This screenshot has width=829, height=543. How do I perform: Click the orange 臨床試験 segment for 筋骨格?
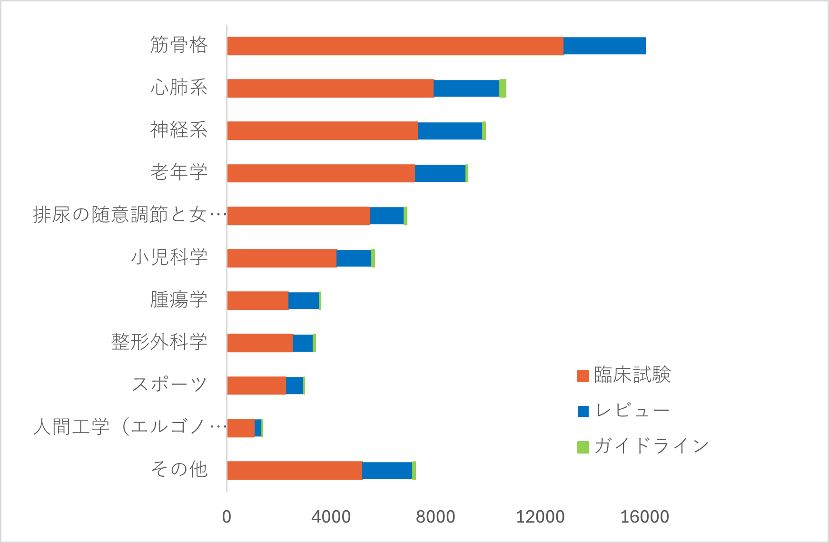[395, 46]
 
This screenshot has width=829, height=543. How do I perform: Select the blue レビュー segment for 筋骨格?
[604, 46]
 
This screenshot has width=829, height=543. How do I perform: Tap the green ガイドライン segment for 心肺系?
[503, 89]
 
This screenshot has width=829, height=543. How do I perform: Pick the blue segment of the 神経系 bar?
[450, 131]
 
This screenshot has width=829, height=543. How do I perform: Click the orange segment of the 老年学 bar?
[321, 173]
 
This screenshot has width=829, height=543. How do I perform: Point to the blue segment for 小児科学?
[354, 258]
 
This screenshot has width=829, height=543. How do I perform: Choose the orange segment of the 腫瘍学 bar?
[257, 301]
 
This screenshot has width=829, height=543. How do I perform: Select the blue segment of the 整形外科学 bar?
[303, 343]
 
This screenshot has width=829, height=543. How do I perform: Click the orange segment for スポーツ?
[257, 385]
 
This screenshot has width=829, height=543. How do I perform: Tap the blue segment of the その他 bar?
[387, 470]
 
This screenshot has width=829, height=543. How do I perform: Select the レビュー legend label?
[632, 411]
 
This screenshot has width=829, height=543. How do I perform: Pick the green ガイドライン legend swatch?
[583, 447]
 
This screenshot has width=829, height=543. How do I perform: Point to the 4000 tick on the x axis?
[331, 517]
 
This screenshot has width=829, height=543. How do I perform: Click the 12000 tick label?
[540, 517]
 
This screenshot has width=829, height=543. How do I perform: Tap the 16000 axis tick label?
[645, 517]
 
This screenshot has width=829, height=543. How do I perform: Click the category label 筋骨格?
[179, 45]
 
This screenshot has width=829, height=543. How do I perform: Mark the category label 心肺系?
[179, 88]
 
